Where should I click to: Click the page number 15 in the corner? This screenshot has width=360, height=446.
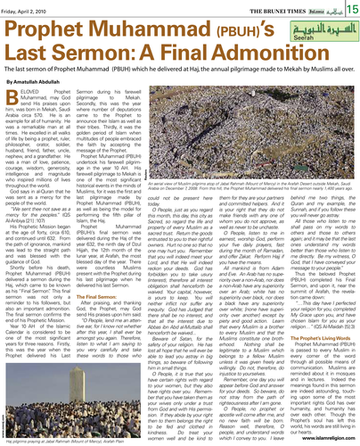350,9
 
